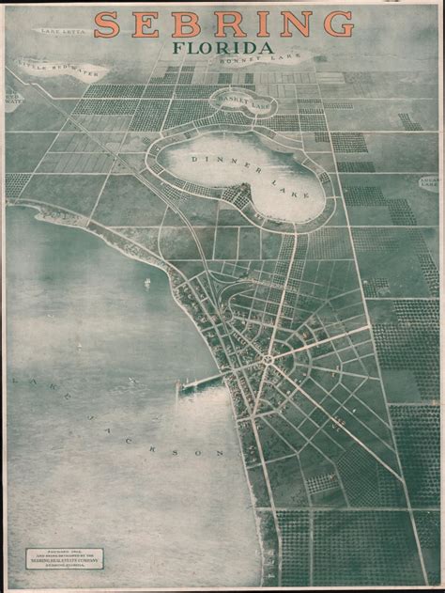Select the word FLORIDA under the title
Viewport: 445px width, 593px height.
(x=223, y=48)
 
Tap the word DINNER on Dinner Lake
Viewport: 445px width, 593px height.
(x=218, y=161)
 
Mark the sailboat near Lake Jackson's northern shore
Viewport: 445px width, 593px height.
(x=146, y=283)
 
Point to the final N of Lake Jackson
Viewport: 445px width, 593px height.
(x=222, y=454)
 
